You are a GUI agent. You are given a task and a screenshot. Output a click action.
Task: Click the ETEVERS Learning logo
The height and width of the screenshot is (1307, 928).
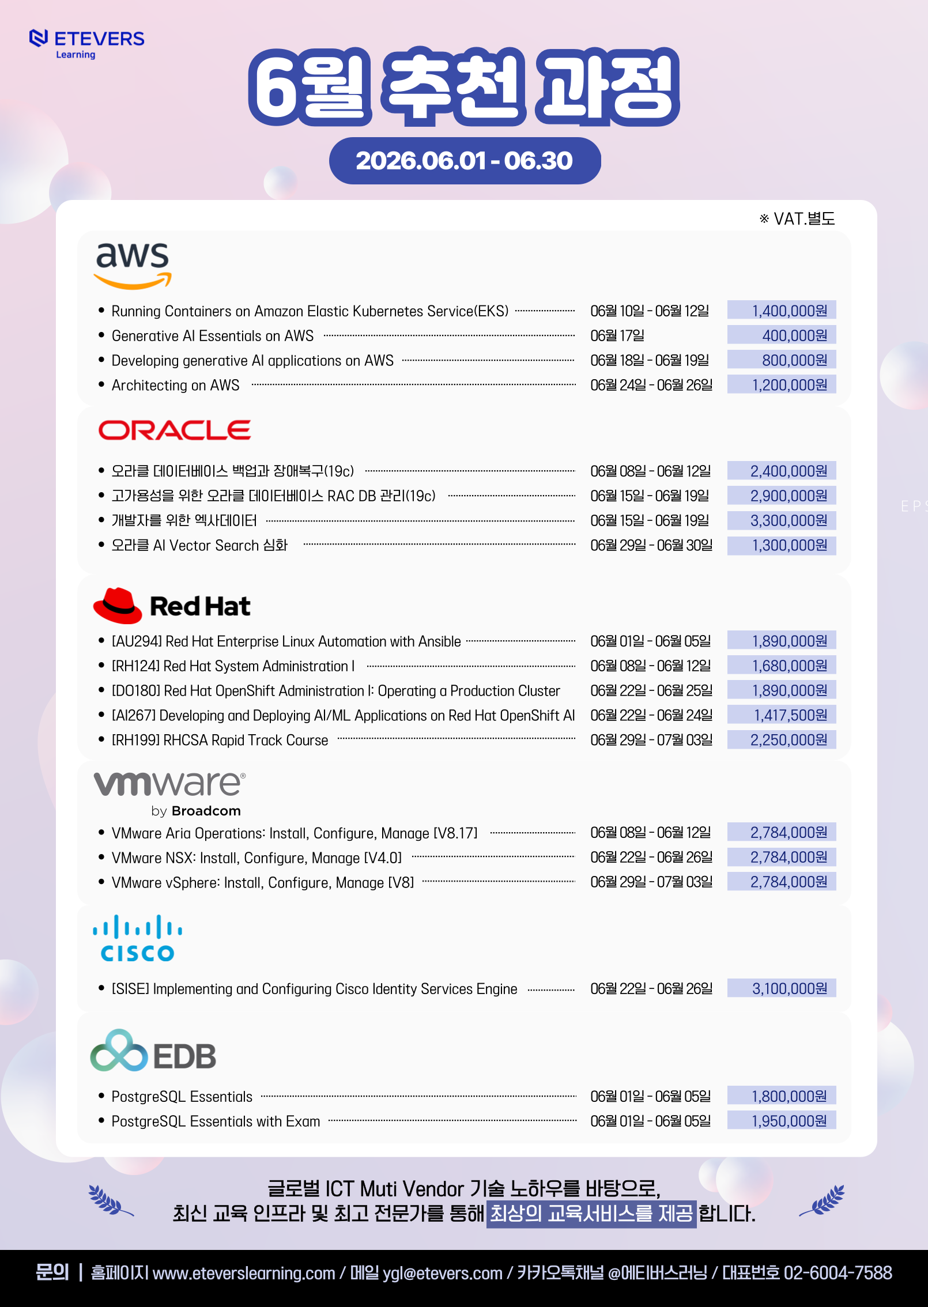(86, 44)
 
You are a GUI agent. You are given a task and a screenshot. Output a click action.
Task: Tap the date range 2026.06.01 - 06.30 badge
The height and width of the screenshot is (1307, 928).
(465, 161)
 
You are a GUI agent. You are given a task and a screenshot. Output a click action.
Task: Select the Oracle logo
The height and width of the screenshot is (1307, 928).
(175, 430)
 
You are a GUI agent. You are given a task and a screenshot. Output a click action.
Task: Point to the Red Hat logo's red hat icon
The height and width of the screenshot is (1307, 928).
(118, 606)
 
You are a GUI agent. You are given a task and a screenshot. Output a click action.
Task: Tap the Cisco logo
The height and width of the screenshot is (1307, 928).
(138, 938)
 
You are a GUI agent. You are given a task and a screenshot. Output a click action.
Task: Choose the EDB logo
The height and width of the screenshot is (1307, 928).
(153, 1051)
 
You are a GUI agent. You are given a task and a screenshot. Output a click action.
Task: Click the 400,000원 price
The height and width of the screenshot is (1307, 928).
(795, 335)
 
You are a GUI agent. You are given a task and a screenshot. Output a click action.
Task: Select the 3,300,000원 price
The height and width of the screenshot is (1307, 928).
(789, 520)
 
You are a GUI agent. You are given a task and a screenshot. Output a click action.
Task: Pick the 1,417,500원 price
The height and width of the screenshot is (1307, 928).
(791, 715)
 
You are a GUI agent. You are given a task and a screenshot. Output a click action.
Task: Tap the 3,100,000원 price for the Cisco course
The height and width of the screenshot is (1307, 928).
(790, 988)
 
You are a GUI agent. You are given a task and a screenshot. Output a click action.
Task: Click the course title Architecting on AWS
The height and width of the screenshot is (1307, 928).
(175, 385)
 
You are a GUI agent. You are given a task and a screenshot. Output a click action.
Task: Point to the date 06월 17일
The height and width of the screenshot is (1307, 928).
(617, 335)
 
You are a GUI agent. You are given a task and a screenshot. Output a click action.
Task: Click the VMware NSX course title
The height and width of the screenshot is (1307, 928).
(256, 858)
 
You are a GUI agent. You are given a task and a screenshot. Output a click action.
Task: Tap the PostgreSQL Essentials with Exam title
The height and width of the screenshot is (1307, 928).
(216, 1121)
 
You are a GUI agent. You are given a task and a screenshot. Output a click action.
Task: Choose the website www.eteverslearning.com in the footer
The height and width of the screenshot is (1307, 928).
(244, 1272)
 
